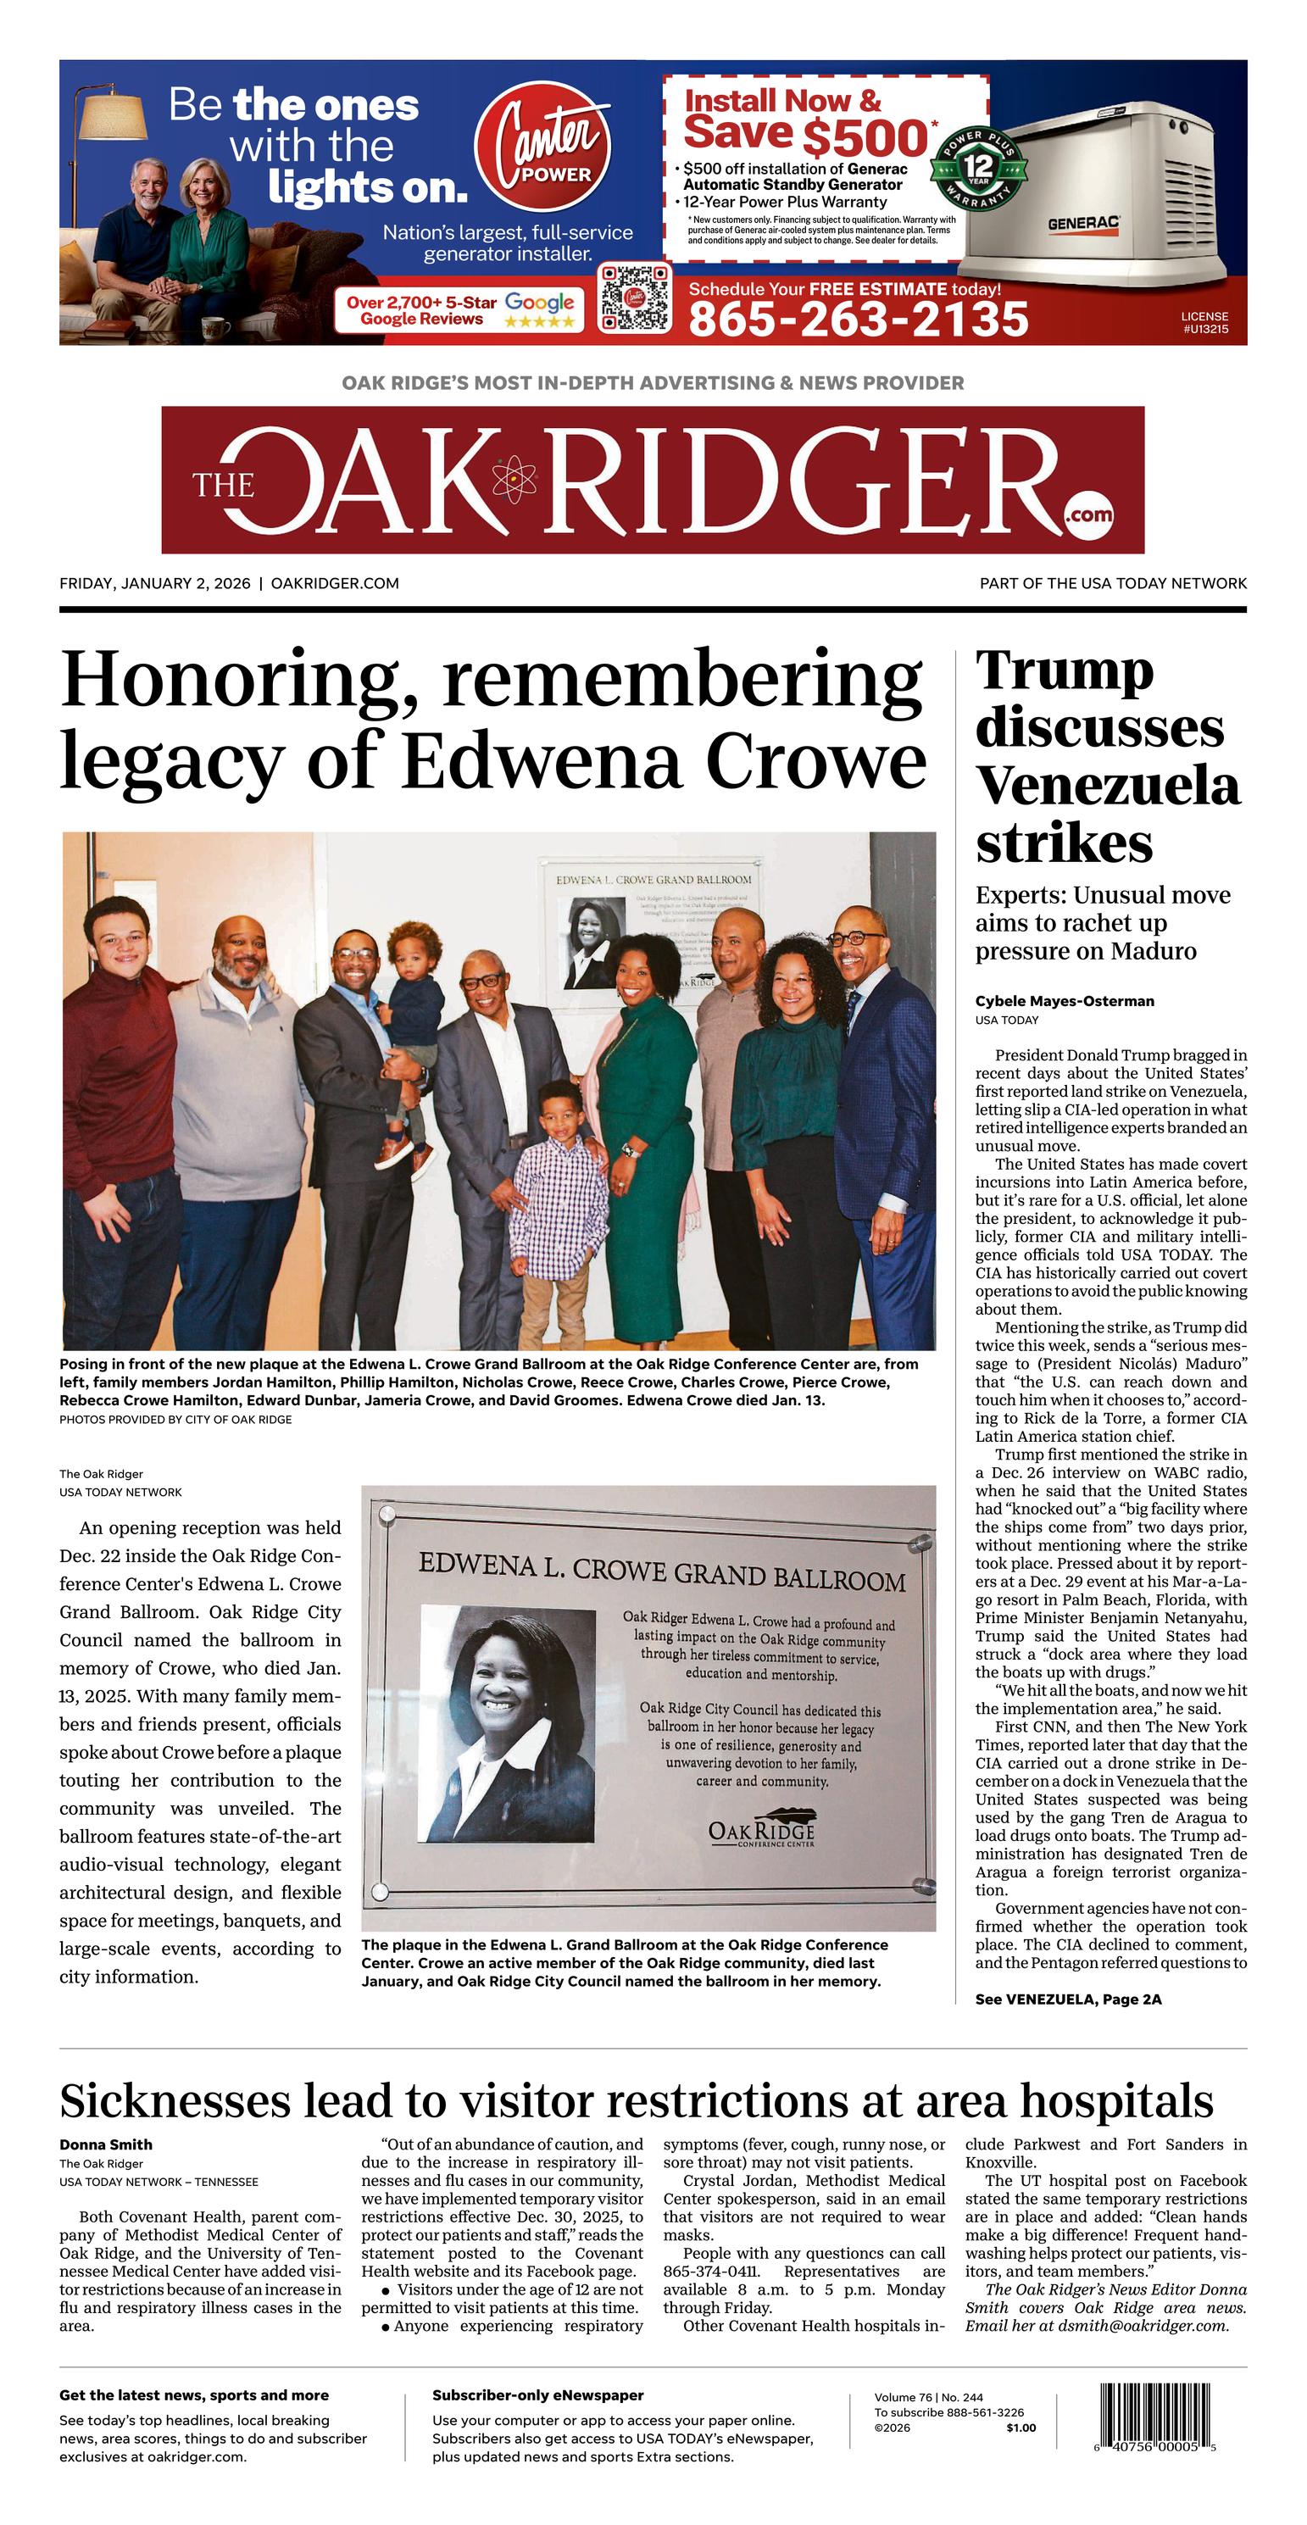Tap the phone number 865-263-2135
858,320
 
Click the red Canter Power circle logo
542,150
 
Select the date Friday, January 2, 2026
155,583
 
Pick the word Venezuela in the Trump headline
1107,786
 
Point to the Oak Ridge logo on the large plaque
761,1829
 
